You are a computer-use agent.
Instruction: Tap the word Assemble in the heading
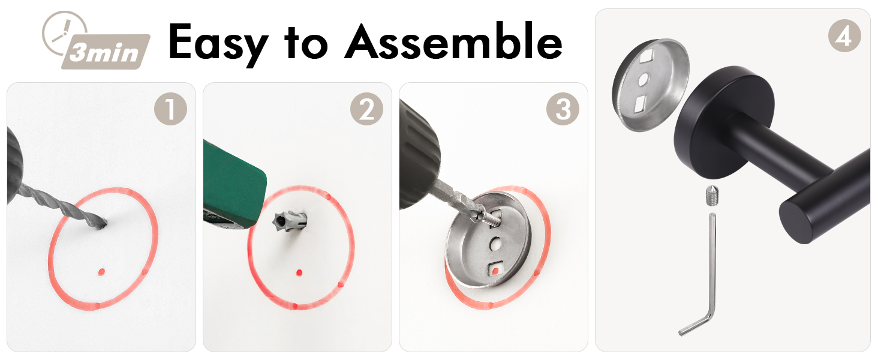click(x=454, y=41)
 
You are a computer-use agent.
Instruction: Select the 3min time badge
click(x=106, y=52)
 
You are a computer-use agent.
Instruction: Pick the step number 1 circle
click(x=170, y=109)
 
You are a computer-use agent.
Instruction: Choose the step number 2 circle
click(x=366, y=109)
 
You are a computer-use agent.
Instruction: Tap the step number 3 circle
click(x=563, y=109)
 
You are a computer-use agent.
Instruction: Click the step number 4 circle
click(x=844, y=36)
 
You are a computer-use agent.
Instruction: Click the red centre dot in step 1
click(x=101, y=272)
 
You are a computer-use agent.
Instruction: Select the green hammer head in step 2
click(x=234, y=184)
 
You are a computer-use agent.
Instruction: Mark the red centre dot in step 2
click(x=299, y=272)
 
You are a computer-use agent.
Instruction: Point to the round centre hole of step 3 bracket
click(x=495, y=244)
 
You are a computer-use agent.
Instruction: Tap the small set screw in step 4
click(x=712, y=195)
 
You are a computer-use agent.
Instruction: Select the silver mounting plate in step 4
click(x=651, y=85)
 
